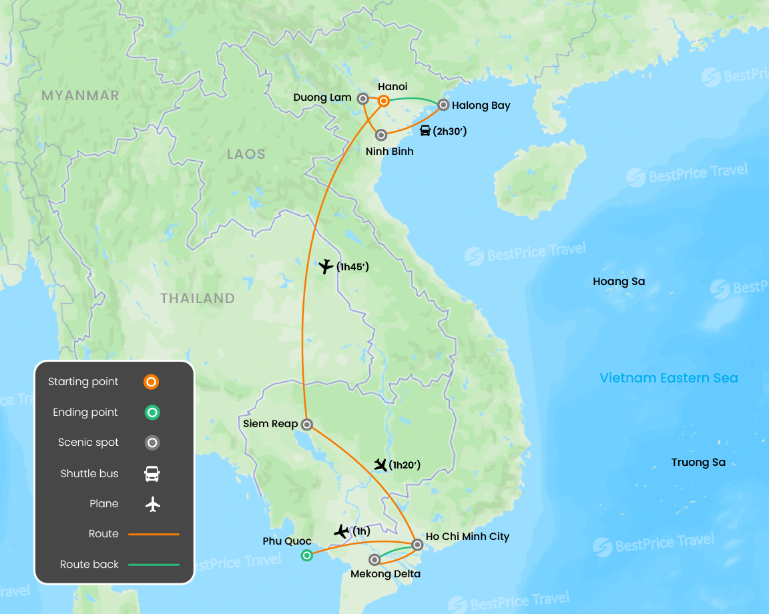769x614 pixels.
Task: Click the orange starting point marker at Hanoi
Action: pos(384,101)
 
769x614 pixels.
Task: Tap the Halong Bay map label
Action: pos(481,105)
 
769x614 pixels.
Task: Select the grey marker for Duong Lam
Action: pos(363,99)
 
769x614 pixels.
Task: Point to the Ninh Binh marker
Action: pos(381,135)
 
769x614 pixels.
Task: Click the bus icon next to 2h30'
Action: pos(425,131)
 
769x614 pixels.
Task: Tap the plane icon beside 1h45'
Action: pos(326,267)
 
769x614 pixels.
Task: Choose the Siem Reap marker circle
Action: pos(306,424)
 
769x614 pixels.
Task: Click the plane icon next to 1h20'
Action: pos(381,465)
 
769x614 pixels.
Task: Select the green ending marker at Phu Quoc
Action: pos(306,555)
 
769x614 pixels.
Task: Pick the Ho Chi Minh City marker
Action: pos(417,545)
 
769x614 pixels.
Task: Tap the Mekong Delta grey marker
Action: pos(375,560)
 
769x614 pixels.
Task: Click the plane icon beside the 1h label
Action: pos(342,532)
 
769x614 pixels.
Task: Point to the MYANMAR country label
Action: pos(80,95)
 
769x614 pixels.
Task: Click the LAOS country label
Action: pos(246,154)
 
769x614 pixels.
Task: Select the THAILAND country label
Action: pos(198,298)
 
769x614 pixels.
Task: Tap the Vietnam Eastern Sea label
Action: pos(669,378)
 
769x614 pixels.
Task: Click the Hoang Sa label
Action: pos(619,282)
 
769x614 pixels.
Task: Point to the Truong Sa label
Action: pos(698,463)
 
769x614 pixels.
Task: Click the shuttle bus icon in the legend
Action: pos(152,474)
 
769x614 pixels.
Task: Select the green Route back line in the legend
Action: pos(154,565)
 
